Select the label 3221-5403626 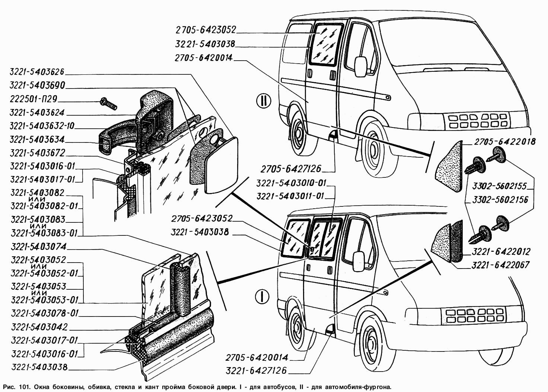[38, 71]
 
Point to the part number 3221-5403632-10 [42, 126]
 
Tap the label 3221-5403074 [38, 246]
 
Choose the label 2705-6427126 [291, 169]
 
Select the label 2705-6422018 [504, 141]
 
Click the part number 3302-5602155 [500, 186]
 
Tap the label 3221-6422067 [500, 265]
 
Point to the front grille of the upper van [478, 120]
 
